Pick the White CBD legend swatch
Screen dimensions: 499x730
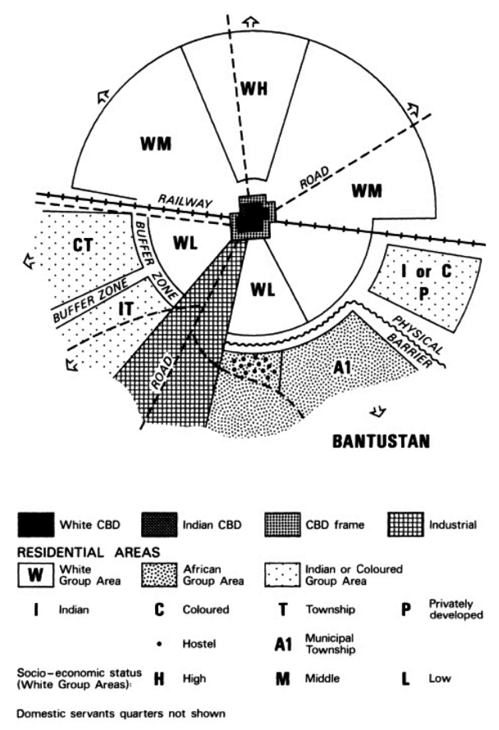(x=42, y=525)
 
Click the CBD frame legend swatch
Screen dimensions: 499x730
(x=283, y=525)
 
